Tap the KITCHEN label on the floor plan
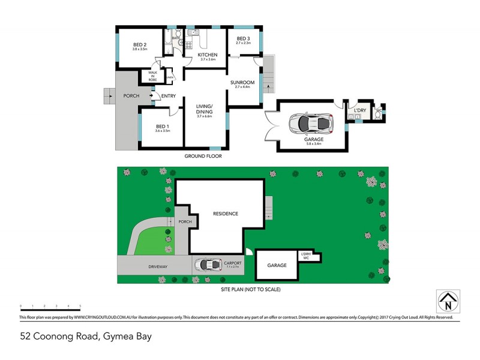(208, 56)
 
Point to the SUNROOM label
(243, 83)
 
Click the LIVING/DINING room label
(206, 110)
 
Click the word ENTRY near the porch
(168, 96)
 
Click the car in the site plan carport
(207, 265)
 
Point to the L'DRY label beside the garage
(360, 111)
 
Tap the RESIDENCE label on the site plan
(226, 214)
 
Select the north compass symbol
(448, 301)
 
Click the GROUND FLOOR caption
(204, 156)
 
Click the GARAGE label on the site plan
(277, 265)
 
